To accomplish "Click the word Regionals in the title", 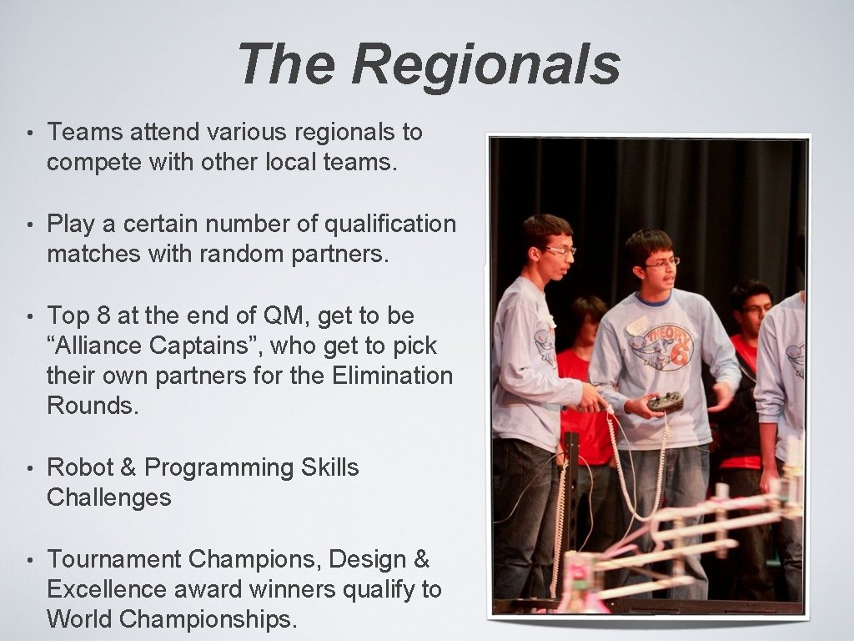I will (x=485, y=65).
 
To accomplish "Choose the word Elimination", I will (x=392, y=376).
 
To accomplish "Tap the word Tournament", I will (x=114, y=559).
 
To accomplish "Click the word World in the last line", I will (x=80, y=619).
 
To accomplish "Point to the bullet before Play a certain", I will (x=29, y=225).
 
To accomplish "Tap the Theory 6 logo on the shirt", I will (x=665, y=342).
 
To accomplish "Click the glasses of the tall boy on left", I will (x=559, y=250).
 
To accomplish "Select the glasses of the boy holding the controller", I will (x=661, y=262).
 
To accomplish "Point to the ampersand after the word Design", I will (x=422, y=559).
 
